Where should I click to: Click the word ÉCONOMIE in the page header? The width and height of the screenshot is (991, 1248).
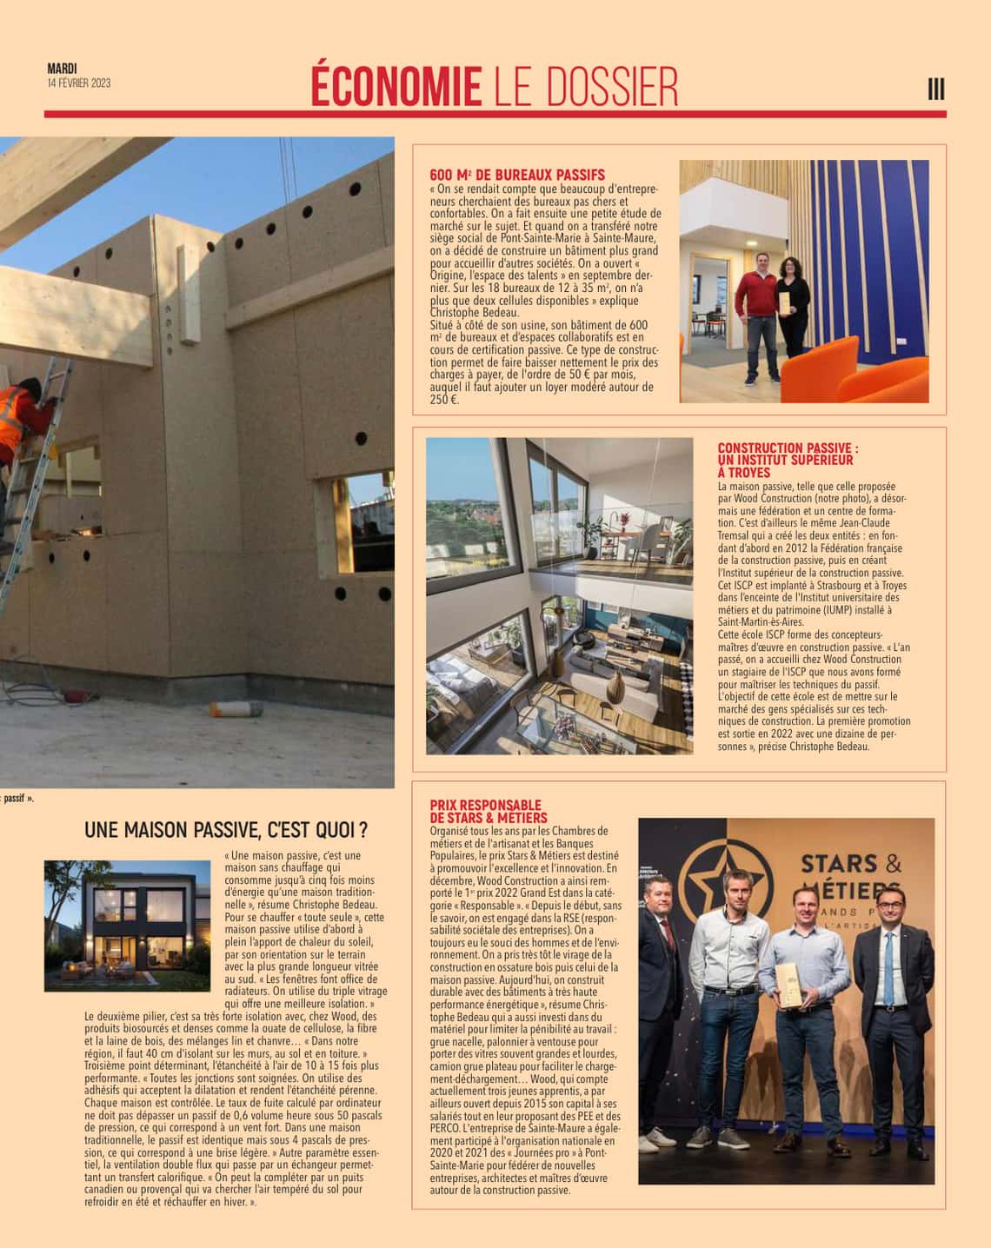pos(396,87)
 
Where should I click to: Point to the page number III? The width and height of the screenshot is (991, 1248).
pos(935,89)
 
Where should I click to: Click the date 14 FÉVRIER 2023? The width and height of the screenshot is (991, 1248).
pos(78,83)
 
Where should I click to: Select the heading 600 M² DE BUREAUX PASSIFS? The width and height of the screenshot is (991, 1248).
pos(517,175)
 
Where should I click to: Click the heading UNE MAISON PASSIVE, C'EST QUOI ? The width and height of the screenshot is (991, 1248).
pos(225,830)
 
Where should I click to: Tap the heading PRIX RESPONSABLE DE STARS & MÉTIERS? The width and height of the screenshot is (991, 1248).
pos(489,812)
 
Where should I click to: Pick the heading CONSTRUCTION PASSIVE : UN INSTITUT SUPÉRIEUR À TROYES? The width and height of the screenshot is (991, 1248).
pos(788,461)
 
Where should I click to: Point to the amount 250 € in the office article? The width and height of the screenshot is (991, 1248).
pos(442,401)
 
